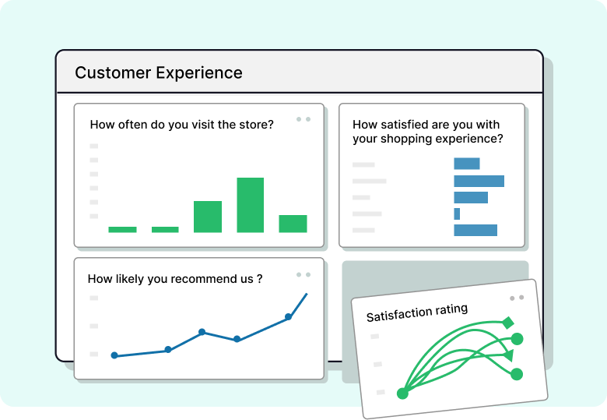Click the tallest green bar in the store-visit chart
[x=250, y=205]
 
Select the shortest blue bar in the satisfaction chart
[x=457, y=214]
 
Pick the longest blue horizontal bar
[x=479, y=181]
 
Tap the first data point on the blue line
[x=114, y=355]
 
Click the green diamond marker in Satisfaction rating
[x=508, y=323]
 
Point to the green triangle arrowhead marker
[x=509, y=355]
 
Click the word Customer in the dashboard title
[x=113, y=72]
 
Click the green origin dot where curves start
[x=402, y=394]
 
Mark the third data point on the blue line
[x=202, y=332]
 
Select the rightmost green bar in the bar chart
[x=293, y=224]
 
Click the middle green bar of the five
[x=208, y=217]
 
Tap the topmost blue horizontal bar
[x=467, y=164]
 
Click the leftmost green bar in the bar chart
[x=122, y=229]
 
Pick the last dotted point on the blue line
[x=288, y=316]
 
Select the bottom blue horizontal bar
[x=475, y=230]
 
